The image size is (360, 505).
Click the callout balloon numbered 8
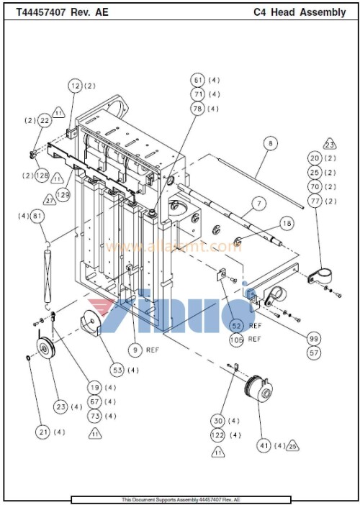269,143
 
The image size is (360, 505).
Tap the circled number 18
287,224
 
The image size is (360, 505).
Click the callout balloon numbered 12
76,86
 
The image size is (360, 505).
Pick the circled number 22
44,120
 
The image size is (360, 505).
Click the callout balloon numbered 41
264,446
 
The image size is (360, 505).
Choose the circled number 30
217,420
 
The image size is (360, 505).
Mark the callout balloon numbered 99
314,338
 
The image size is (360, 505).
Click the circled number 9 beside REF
134,350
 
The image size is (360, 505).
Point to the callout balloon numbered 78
198,108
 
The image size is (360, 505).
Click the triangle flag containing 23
328,142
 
